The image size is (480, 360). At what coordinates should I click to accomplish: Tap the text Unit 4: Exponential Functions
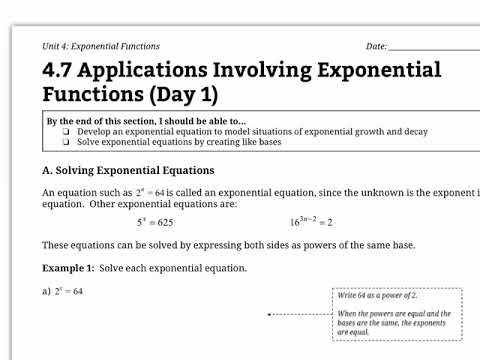[x=101, y=46]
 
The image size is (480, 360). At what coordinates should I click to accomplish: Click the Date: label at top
[x=376, y=46]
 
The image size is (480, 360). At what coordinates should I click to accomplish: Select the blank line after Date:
[x=434, y=47]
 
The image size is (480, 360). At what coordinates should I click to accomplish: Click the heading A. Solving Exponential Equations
[x=128, y=170]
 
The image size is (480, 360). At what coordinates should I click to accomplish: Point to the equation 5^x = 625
[x=155, y=222]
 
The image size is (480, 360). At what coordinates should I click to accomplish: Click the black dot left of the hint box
[x=269, y=314]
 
